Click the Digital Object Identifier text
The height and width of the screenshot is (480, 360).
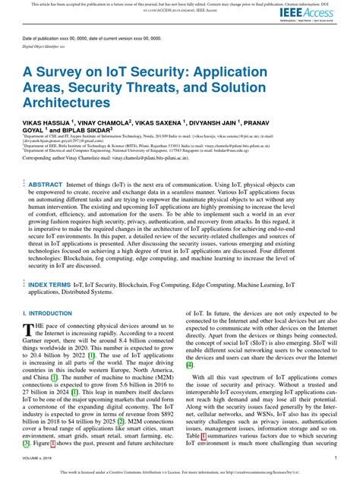49,45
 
